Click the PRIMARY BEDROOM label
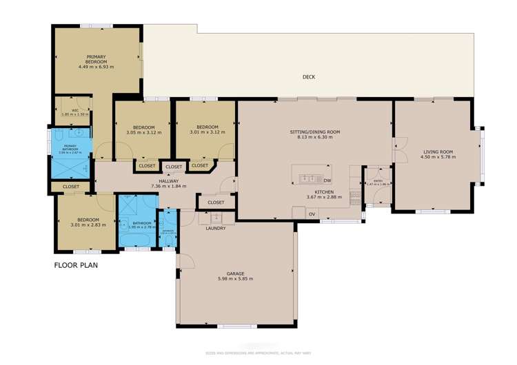(96, 59)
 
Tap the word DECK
(308, 77)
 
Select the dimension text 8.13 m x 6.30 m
(315, 137)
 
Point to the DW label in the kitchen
(327, 181)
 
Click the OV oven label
(312, 214)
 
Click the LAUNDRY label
(215, 229)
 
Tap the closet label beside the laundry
(216, 202)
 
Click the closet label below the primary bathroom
(71, 187)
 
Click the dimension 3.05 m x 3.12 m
(143, 133)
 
